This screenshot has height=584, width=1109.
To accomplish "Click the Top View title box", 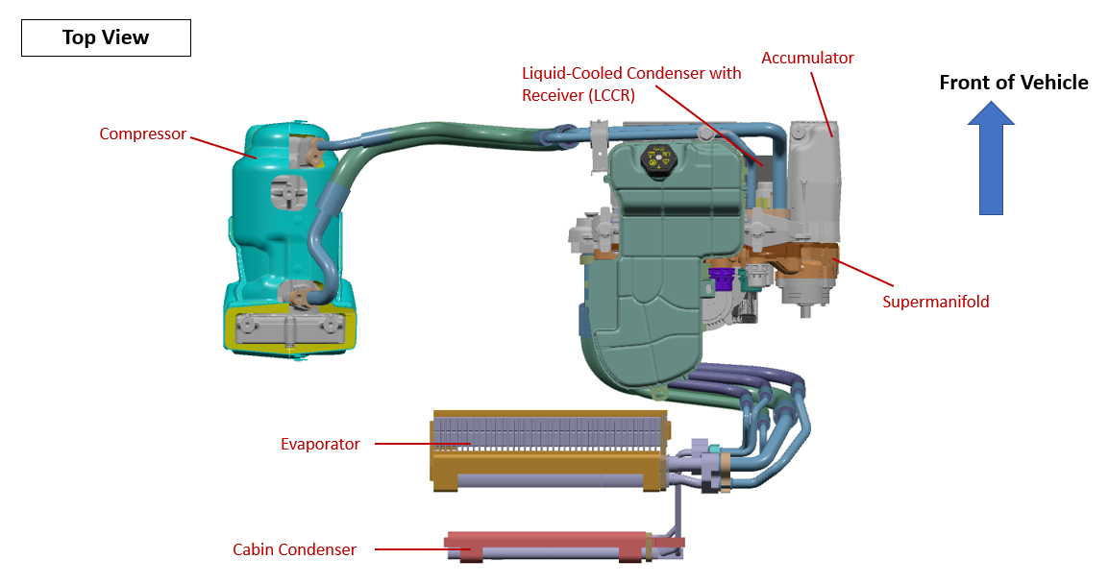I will pos(106,37).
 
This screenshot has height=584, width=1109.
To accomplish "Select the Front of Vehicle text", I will pos(1013,83).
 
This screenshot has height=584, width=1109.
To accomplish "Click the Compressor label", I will pos(142,134).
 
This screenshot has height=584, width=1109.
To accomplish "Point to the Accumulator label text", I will pos(807,58).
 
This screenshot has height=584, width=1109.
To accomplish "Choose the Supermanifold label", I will pos(935,302).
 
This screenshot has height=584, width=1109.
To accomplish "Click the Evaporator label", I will pos(320,444).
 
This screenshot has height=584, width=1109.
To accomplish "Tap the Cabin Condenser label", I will pos(294,549).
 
